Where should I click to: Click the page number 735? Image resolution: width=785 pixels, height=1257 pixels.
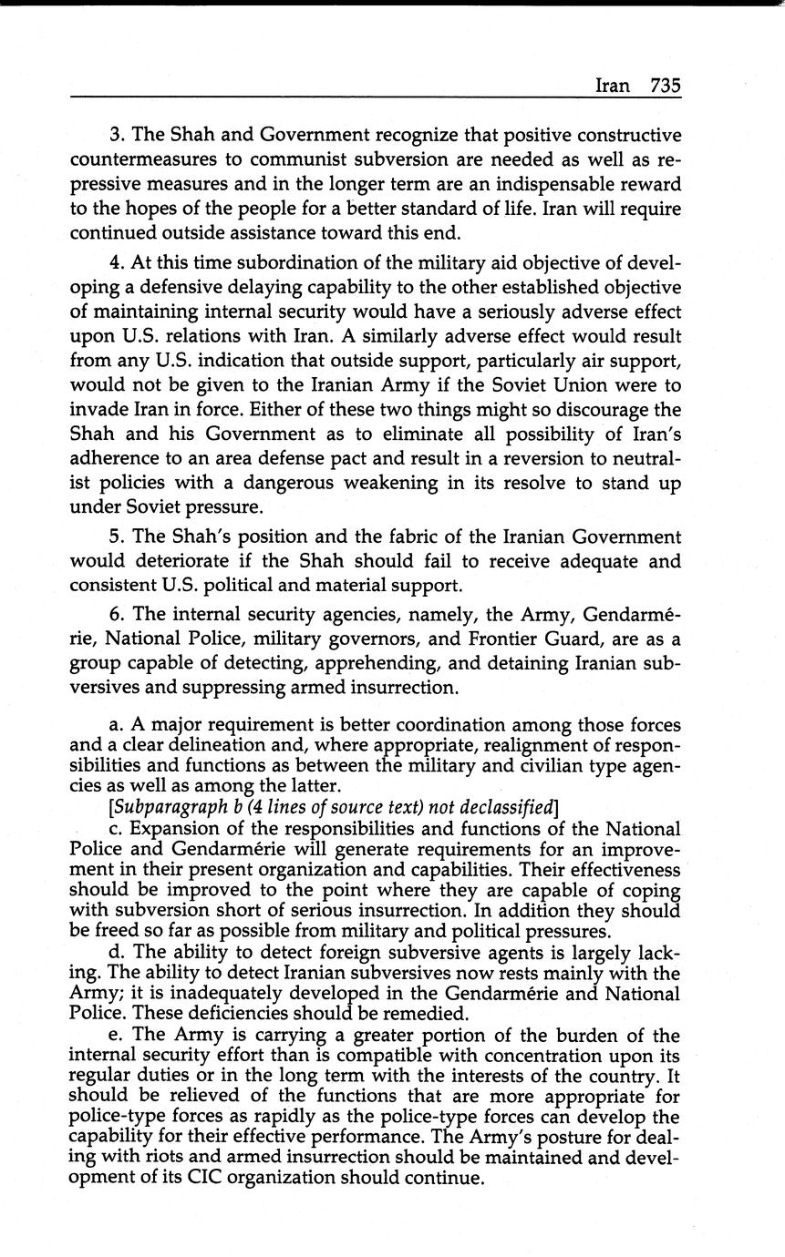tap(666, 86)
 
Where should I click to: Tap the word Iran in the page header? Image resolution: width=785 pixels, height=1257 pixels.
tap(612, 86)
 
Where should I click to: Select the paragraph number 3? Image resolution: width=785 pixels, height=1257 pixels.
tap(116, 136)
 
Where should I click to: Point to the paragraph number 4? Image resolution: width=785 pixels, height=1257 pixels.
tap(116, 262)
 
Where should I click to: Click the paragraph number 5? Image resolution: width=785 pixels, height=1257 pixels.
tap(116, 537)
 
